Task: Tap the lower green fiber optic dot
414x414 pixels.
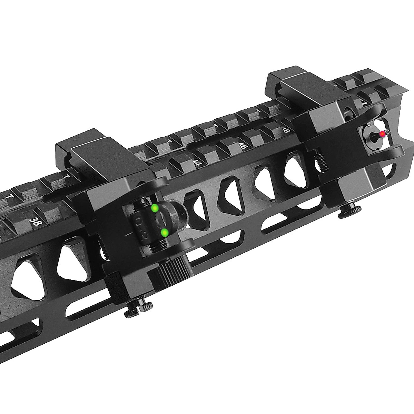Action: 165,233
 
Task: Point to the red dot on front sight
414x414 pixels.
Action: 382,134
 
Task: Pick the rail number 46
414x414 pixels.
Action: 242,146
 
